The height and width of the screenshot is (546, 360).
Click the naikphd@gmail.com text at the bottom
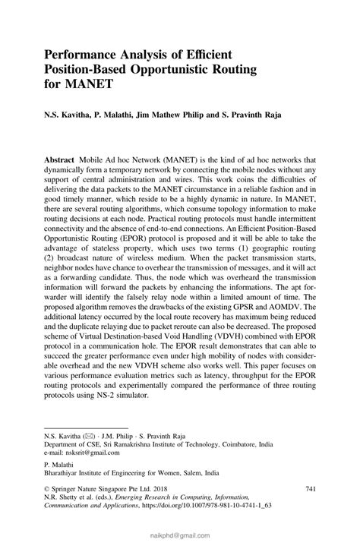(180, 535)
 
